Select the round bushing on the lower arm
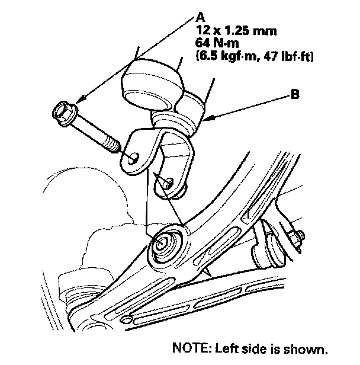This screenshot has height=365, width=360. [x=165, y=244]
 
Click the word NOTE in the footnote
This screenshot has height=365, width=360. [x=188, y=347]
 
